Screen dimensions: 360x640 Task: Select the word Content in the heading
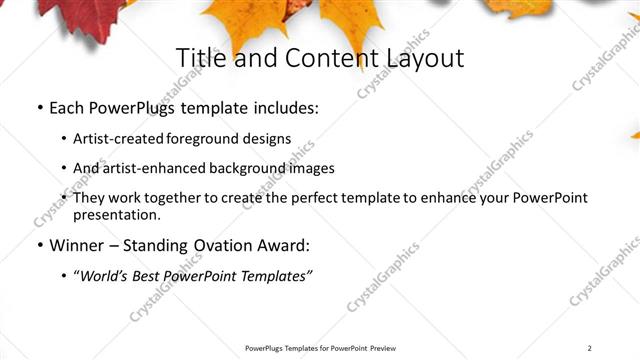(320, 58)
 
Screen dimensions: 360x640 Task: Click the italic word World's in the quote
(106, 275)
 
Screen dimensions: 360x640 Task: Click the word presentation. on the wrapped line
(116, 214)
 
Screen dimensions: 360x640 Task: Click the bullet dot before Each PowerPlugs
(39, 107)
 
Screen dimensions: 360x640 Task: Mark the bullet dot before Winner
(39, 245)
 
